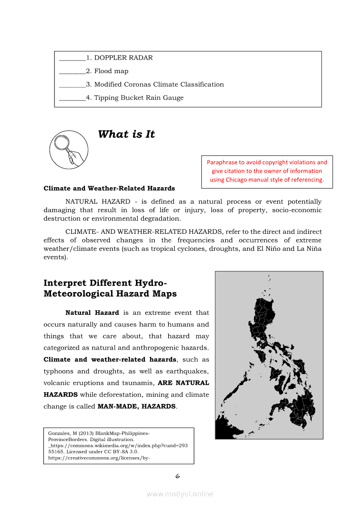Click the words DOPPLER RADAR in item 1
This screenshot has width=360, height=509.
123,58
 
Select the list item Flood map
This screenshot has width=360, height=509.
111,71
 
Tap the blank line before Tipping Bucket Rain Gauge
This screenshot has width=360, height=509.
72,98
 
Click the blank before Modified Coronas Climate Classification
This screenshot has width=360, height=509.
72,85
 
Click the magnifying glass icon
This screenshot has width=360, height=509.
69,150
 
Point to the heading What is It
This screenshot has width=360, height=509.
126,134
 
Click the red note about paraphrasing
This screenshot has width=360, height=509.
267,171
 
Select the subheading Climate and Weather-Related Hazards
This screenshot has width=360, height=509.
109,189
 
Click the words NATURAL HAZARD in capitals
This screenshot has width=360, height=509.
98,202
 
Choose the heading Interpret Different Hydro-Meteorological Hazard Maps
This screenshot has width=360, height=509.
110,288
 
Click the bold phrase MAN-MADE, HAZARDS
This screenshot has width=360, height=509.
136,407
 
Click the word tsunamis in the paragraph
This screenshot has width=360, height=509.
138,383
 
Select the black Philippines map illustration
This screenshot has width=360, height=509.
269,355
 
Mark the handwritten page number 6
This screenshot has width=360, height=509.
177,476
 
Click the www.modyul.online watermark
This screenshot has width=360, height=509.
180,494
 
